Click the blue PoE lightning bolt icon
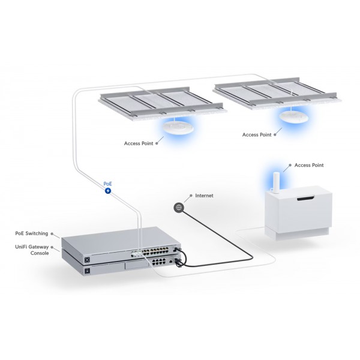[x=108, y=191]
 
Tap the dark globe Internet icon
[x=178, y=207]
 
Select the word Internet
[x=205, y=196]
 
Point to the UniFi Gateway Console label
[x=31, y=250]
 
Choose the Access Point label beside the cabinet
[x=310, y=164]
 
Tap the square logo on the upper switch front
[x=88, y=259]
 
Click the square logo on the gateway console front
[x=88, y=272]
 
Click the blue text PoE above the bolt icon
[x=108, y=183]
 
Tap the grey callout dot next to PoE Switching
[x=54, y=233]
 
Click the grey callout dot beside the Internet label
[x=190, y=196]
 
